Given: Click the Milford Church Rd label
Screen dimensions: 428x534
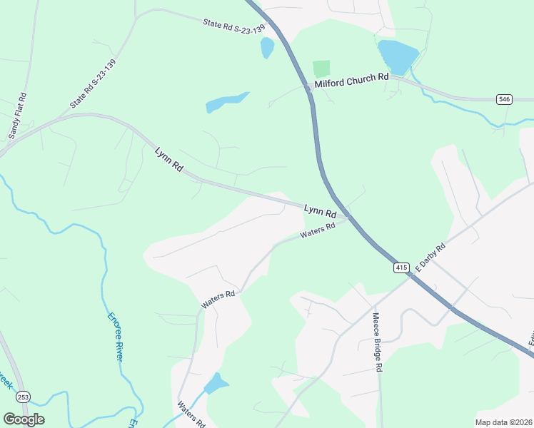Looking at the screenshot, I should (x=351, y=78).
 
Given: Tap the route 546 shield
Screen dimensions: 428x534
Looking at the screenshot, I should (x=504, y=99).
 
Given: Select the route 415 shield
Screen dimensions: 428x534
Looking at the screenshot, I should (x=401, y=267).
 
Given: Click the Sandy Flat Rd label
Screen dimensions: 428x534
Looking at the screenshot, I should (x=18, y=115).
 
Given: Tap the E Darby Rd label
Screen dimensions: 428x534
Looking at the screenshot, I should (x=430, y=258).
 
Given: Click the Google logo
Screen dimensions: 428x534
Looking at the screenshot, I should (x=24, y=419).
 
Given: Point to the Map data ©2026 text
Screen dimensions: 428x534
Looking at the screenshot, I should (x=503, y=422).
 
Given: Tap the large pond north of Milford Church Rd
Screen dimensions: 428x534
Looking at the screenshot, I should (x=398, y=56).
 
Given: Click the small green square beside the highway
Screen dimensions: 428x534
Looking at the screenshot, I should (x=321, y=69).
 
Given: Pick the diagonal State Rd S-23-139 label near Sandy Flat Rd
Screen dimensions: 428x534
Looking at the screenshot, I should (x=93, y=83).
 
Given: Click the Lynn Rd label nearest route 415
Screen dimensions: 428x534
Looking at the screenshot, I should (x=320, y=211).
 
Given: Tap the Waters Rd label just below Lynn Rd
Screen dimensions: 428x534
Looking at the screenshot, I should (x=318, y=231).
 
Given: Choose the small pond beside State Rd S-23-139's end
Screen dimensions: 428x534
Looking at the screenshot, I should (x=267, y=48).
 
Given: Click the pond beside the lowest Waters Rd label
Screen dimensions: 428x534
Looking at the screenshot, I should (x=216, y=384).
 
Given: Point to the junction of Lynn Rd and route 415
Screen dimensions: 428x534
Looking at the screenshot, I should (x=346, y=215).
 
